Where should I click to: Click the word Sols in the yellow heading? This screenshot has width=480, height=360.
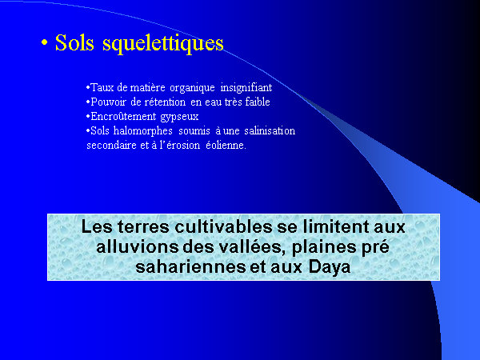[74, 42]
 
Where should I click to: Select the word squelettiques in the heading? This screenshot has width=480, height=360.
[163, 44]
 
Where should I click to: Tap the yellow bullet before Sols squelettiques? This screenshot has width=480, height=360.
[45, 43]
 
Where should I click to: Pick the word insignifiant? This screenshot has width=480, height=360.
[246, 87]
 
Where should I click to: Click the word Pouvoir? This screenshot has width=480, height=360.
[107, 102]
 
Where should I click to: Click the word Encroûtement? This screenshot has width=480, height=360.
[124, 116]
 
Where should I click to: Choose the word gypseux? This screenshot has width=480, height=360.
[179, 117]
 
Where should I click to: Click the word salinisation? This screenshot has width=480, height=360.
[270, 130]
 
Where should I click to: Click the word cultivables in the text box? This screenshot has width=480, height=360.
[223, 227]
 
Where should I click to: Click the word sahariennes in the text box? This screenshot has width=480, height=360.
[190, 267]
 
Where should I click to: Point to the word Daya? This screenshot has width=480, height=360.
[330, 267]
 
